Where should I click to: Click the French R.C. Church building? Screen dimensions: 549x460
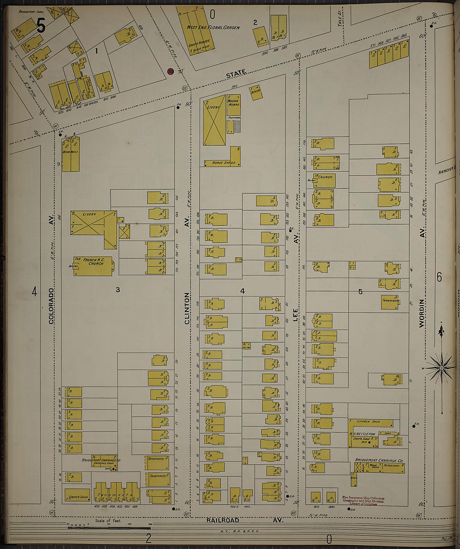click(93, 266)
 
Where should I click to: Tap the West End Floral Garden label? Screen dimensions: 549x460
click(213, 28)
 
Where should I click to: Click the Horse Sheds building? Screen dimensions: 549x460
click(222, 162)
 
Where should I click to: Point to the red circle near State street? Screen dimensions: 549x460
click(170, 71)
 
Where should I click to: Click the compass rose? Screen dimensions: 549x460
click(441, 368)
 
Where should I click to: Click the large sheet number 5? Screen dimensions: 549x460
click(41, 26)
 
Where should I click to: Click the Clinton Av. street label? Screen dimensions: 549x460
click(187, 308)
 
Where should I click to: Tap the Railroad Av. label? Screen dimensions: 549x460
click(244, 520)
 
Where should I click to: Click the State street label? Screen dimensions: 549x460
click(236, 74)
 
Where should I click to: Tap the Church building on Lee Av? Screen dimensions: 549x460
click(325, 180)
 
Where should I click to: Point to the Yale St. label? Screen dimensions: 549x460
click(340, 19)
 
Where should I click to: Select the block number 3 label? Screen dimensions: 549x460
click(118, 289)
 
